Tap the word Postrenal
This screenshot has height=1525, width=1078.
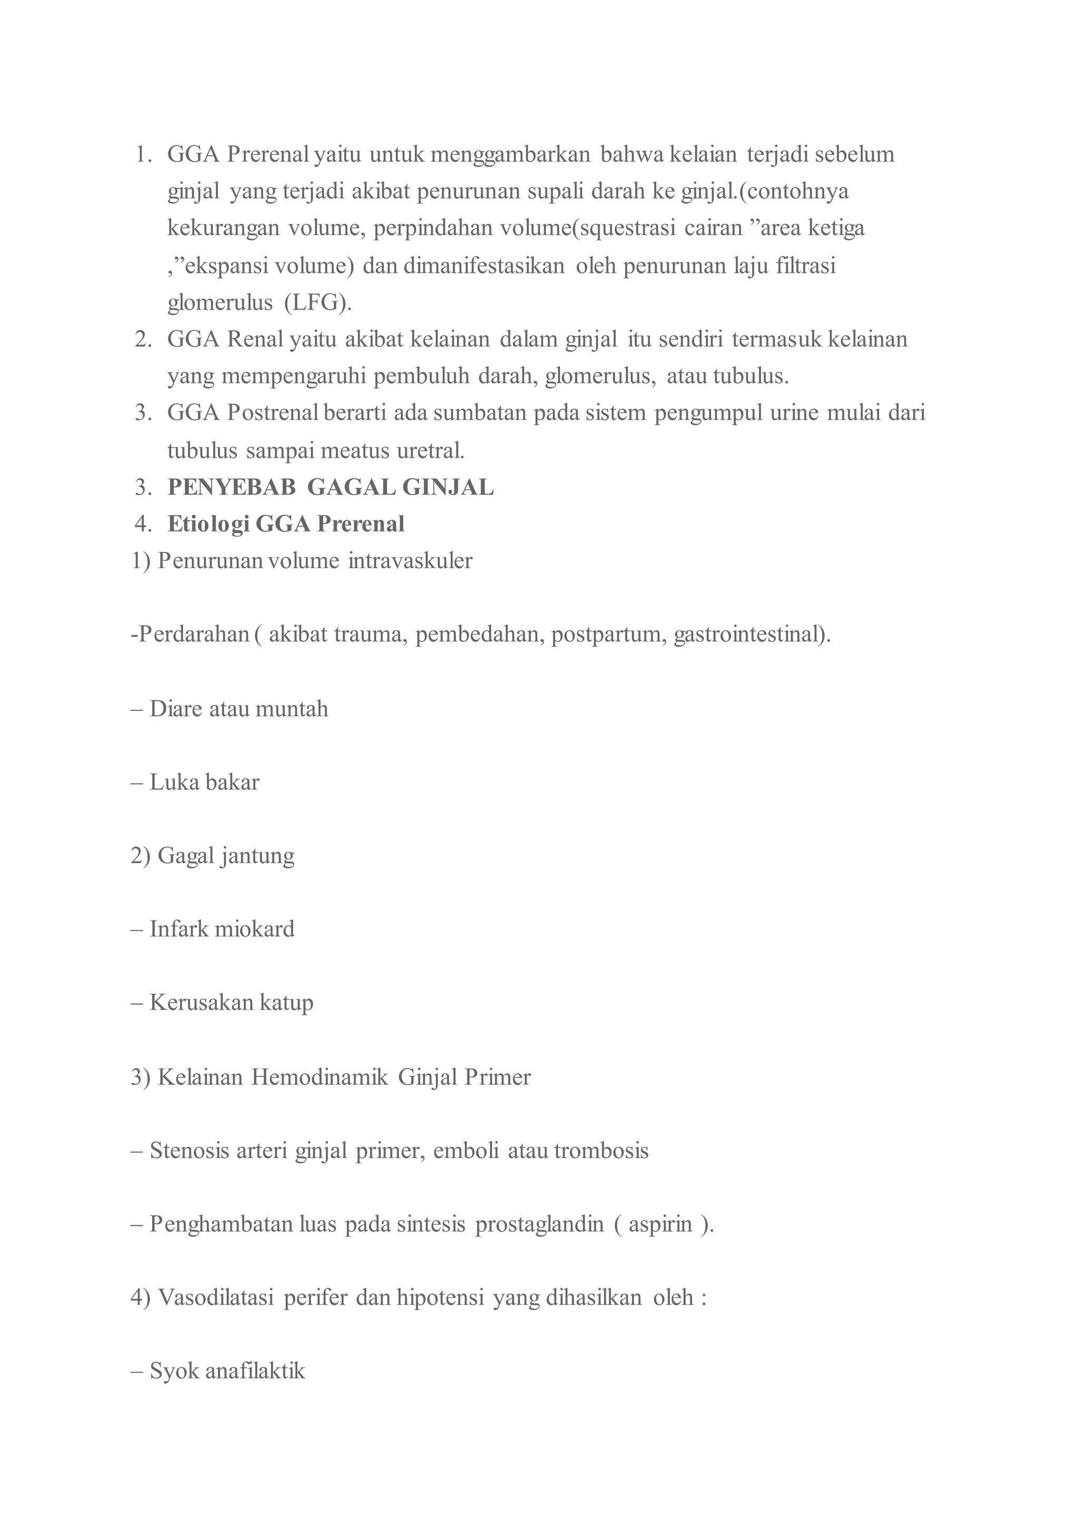coord(273,413)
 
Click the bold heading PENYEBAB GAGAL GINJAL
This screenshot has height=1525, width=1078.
coord(331,488)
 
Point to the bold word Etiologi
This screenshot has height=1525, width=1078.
coord(208,524)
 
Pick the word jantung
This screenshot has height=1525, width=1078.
coord(257,856)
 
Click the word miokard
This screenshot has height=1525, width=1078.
coord(254,929)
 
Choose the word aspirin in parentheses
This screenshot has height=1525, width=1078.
coord(660,1224)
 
